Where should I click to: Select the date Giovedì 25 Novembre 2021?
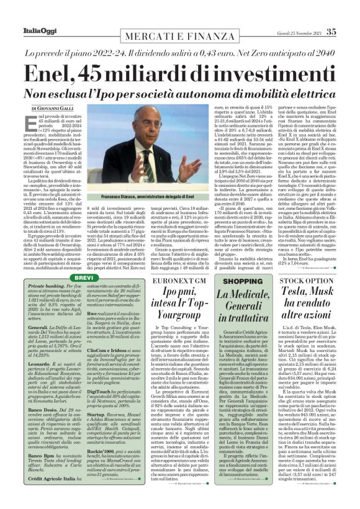pyautogui.click(x=295, y=14)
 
